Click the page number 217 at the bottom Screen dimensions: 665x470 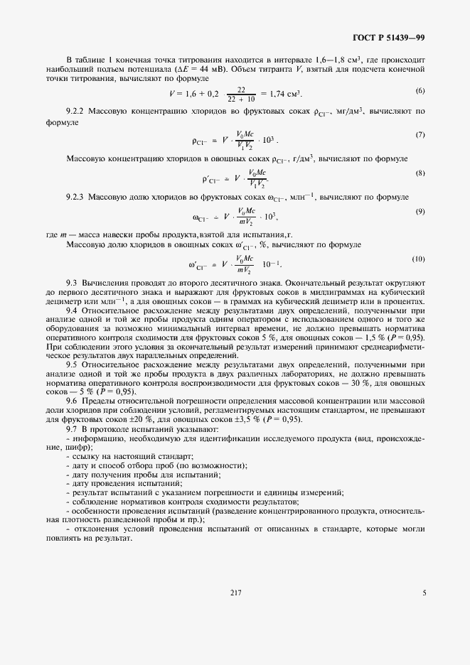point(235,593)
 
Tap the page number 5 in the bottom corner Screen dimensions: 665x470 point(424,593)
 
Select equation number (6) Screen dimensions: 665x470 point(420,90)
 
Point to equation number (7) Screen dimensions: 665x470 point(420,134)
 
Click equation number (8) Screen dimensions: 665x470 point(420,173)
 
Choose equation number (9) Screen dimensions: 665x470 point(420,211)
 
